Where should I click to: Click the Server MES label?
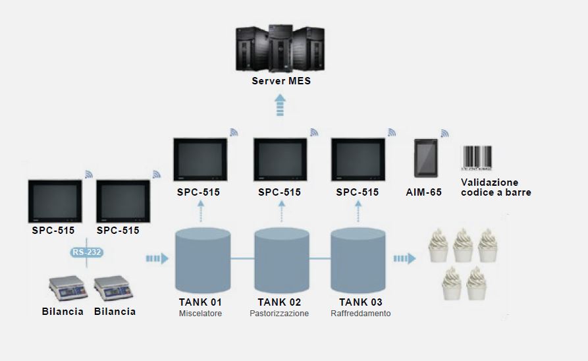(x=281, y=82)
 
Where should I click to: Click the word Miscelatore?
(x=200, y=314)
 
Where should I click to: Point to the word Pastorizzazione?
(x=279, y=314)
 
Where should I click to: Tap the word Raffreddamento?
(x=360, y=314)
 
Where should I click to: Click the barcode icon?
(x=477, y=157)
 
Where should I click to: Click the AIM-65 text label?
(x=424, y=192)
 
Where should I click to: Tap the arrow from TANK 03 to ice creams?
(x=404, y=258)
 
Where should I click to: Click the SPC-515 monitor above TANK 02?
(x=279, y=160)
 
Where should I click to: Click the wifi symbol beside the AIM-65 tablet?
(x=444, y=133)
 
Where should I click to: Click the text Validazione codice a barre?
(x=495, y=187)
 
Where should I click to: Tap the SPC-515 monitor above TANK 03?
(x=358, y=160)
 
